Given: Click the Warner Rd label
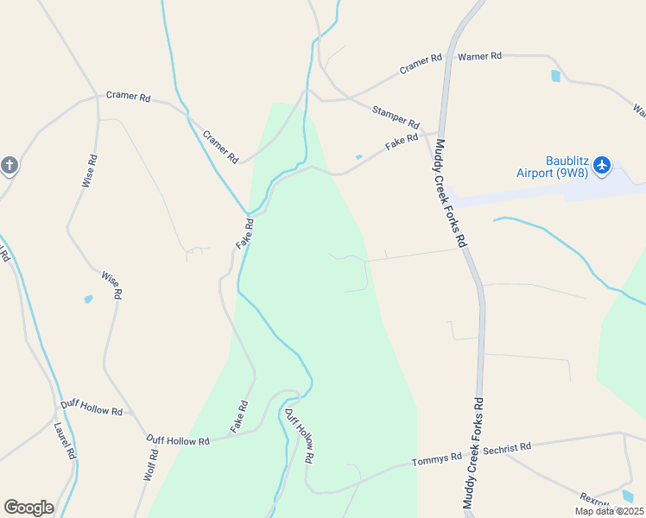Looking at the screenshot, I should coord(479,56).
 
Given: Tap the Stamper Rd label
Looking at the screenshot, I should coord(396,117).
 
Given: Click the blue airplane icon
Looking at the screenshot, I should coord(602,164).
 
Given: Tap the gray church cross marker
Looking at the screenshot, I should coord(9,165).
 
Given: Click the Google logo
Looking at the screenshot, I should coord(28,508).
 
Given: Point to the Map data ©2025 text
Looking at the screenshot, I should coord(608,511).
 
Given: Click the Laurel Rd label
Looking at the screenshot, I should coord(65,441).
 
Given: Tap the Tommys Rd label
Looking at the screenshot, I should coord(437,459).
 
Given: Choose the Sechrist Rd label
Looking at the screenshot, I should coord(507,447).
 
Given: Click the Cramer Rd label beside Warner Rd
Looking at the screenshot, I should coord(421,64).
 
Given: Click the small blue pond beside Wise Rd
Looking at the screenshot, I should coord(88,300).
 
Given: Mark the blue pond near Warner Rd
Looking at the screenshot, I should coord(555,76).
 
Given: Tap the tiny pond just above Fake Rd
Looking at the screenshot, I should coord(358,157).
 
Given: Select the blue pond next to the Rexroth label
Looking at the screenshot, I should coord(627,496).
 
